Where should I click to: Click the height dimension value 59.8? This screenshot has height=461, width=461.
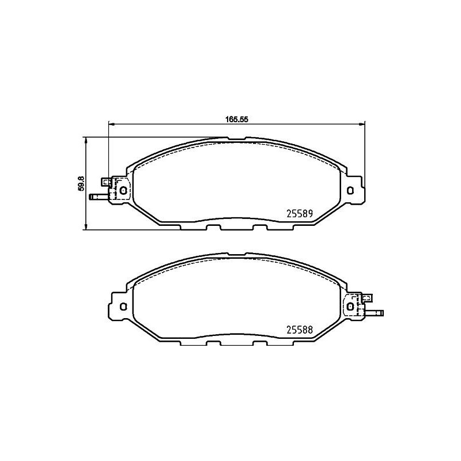(x=81, y=183)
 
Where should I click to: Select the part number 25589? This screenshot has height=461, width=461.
(x=300, y=213)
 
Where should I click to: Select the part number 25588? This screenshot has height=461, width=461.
(x=300, y=330)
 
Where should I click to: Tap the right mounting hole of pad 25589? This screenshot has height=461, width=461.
(x=350, y=190)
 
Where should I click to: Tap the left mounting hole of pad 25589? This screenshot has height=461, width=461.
(x=123, y=190)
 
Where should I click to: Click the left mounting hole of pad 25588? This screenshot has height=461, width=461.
(x=123, y=307)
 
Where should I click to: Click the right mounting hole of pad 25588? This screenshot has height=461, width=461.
(x=350, y=307)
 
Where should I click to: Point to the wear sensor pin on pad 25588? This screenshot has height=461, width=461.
(x=375, y=314)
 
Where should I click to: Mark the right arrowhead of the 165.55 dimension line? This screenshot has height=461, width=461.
(x=362, y=123)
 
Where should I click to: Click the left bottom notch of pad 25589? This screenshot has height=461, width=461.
(x=214, y=227)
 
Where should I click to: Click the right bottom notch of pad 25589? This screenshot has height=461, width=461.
(x=259, y=227)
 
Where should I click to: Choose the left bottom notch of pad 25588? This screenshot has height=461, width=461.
(x=214, y=344)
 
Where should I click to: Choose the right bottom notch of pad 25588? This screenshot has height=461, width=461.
(x=259, y=344)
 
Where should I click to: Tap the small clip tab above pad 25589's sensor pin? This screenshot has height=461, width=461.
(x=105, y=182)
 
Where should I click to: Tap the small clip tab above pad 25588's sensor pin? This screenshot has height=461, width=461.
(x=365, y=298)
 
